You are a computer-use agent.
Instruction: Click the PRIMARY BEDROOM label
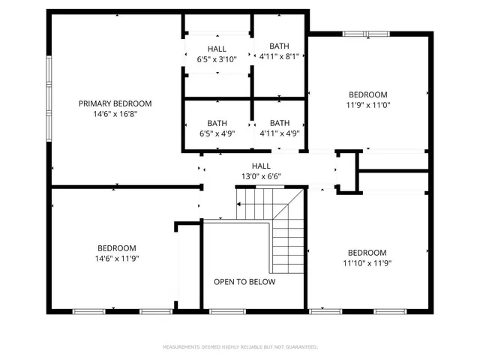(x=115, y=103)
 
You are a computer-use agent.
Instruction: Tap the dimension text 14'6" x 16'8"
(x=115, y=114)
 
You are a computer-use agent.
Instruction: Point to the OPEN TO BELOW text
(x=244, y=282)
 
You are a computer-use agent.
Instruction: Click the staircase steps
(x=285, y=232)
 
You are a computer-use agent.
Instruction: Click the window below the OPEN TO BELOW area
(x=222, y=310)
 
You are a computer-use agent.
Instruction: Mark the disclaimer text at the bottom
(x=240, y=346)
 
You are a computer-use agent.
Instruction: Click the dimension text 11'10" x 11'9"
(x=367, y=263)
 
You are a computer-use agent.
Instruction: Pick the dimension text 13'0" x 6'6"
(x=261, y=177)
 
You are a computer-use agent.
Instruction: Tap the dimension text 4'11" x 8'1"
(x=279, y=56)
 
